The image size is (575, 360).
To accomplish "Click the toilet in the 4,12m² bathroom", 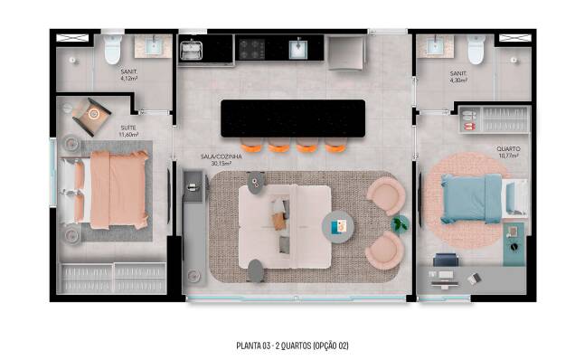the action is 113,49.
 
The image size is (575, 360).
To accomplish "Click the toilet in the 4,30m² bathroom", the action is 476,49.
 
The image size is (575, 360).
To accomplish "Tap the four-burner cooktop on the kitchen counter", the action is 252,49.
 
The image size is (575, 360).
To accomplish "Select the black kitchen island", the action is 293,118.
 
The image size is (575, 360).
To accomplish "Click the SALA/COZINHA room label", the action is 222,159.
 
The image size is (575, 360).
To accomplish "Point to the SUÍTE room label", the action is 128,131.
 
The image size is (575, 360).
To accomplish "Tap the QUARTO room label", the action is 508,152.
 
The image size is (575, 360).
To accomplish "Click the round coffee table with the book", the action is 338,226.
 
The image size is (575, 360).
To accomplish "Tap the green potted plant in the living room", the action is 400,223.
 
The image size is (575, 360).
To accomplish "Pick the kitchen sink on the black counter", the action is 297,49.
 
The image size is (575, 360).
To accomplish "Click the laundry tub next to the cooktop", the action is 191,50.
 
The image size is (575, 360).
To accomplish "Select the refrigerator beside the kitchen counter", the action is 345,52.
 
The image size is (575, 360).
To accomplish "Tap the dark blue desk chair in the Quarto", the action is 446,260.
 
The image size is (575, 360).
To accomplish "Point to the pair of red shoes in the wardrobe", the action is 470,127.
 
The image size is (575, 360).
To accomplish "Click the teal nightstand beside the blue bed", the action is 514,243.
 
